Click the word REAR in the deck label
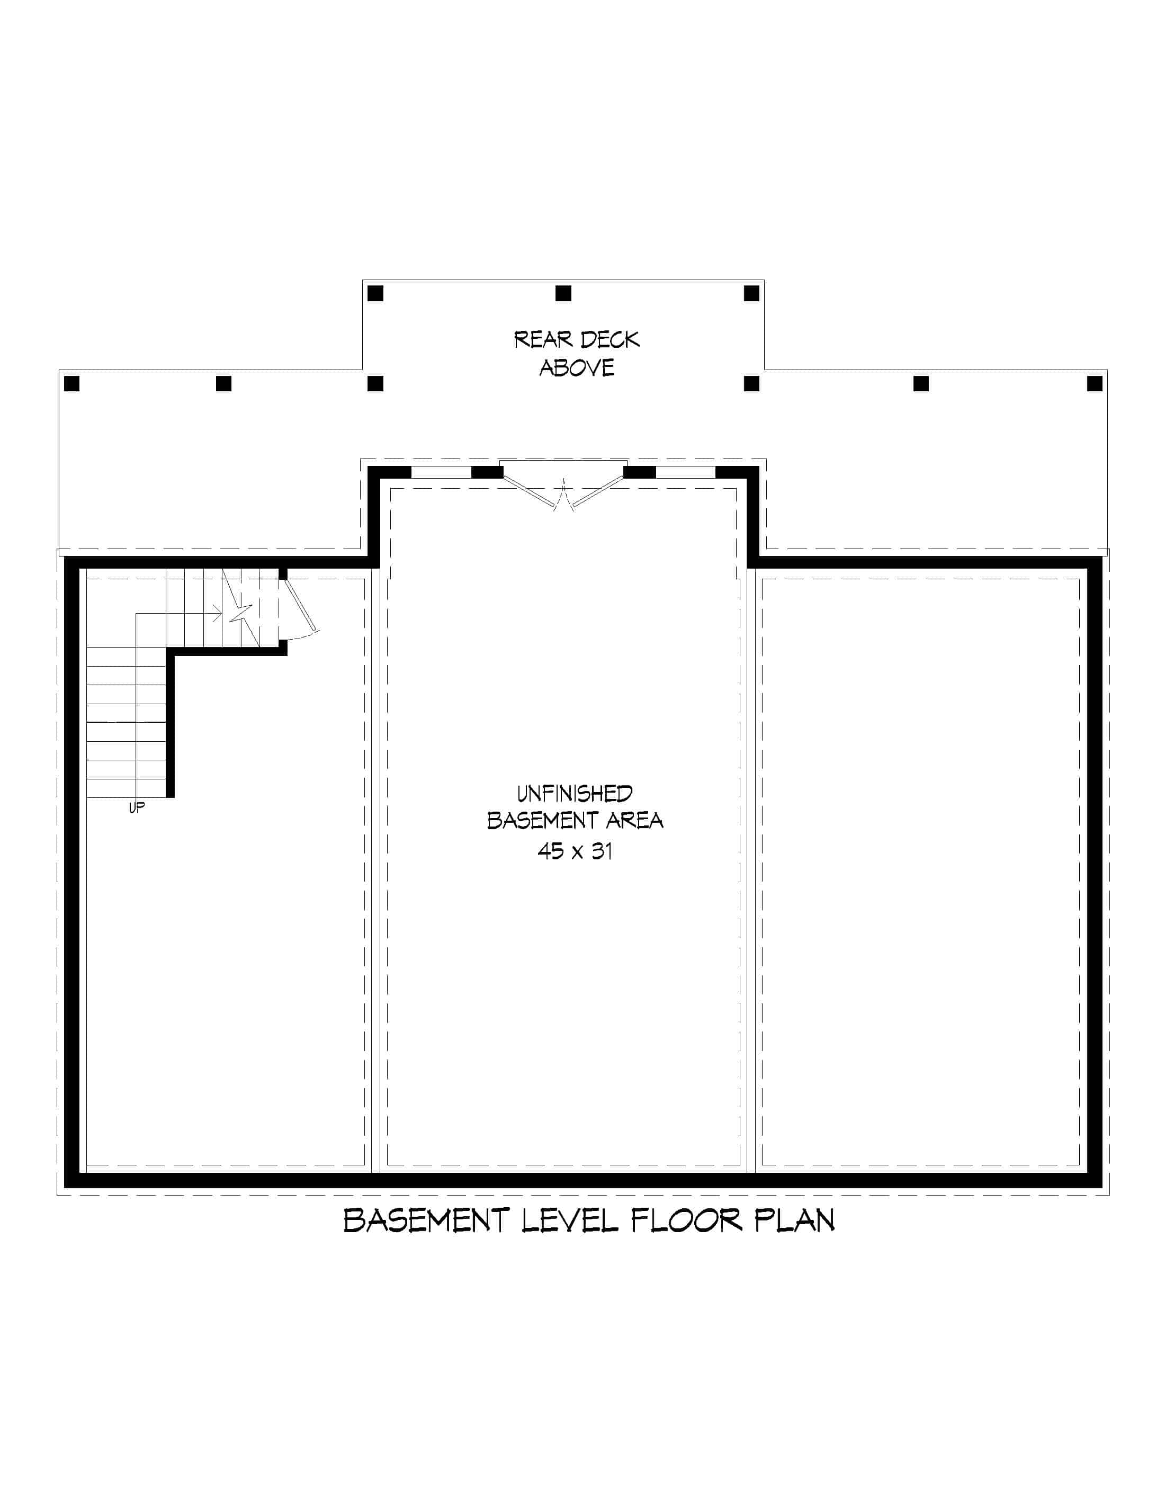click(x=543, y=340)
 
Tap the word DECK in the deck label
click(x=610, y=340)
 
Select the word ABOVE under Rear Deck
click(x=576, y=369)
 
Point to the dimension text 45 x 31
click(x=575, y=851)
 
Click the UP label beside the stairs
click(x=137, y=807)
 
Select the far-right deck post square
click(x=1095, y=383)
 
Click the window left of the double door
click(x=441, y=473)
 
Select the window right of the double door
click(x=685, y=473)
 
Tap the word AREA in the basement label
click(x=634, y=821)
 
